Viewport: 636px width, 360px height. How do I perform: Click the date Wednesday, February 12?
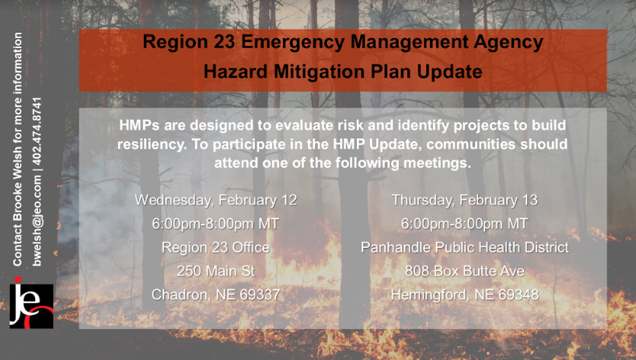pos(216,200)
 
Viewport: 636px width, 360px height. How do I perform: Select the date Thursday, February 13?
pos(464,200)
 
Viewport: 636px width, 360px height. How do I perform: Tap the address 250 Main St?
pos(216,271)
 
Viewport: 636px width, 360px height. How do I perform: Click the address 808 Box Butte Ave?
pos(464,271)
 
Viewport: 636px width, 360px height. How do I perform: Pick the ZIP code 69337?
pos(260,295)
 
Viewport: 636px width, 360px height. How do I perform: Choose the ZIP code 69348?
pos(519,295)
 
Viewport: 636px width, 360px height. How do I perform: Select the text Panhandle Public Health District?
pos(465,247)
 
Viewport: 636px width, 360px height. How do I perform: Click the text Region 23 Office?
pos(216,247)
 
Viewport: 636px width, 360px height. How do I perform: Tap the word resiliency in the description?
pos(152,145)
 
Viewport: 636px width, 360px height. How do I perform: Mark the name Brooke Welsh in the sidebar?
pos(17,194)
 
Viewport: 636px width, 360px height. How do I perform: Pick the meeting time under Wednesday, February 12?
pos(216,224)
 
